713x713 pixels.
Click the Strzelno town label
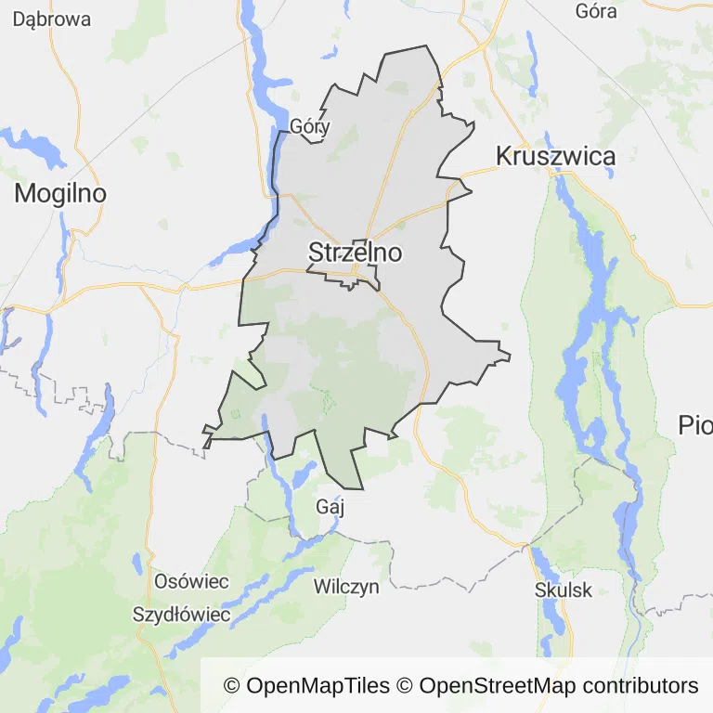point(355,253)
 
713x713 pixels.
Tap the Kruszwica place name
point(555,156)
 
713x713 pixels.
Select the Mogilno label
point(60,194)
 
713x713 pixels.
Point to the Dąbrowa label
point(52,19)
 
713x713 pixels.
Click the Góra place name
point(596,12)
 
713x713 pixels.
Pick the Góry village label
point(310,126)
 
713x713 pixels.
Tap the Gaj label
point(330,507)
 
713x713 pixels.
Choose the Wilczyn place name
point(346,587)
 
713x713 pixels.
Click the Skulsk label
point(564,590)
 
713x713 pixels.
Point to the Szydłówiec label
point(181,615)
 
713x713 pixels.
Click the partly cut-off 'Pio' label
point(695,425)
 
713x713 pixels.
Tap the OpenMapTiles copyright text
point(306,686)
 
